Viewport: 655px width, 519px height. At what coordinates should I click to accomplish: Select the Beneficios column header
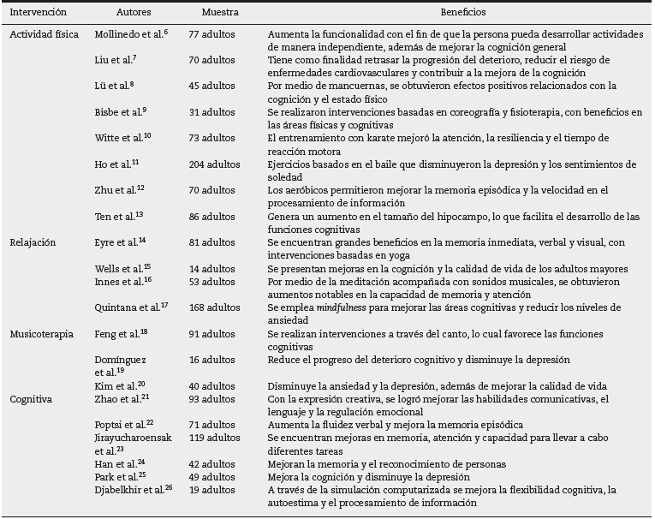(x=462, y=14)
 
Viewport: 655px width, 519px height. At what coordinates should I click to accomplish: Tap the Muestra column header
(x=220, y=14)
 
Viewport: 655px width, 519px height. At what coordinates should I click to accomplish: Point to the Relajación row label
(x=33, y=242)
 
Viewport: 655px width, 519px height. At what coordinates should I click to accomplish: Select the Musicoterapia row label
(x=42, y=334)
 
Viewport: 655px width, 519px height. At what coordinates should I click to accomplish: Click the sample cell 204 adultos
(x=214, y=164)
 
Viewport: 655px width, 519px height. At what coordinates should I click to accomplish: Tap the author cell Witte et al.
(x=119, y=138)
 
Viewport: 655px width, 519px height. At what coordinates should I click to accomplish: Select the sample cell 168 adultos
(x=214, y=307)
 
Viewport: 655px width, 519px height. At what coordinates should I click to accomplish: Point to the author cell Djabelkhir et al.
(x=129, y=490)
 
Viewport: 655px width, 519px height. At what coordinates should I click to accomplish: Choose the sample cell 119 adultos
(x=214, y=438)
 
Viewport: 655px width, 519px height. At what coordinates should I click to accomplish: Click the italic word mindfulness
(x=335, y=307)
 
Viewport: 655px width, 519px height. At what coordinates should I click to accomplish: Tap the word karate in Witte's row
(x=372, y=138)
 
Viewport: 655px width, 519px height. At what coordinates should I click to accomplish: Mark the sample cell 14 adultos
(x=211, y=269)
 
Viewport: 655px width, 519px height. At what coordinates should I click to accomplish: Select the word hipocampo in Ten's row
(x=442, y=217)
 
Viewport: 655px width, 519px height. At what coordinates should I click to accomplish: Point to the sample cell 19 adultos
(x=211, y=490)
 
